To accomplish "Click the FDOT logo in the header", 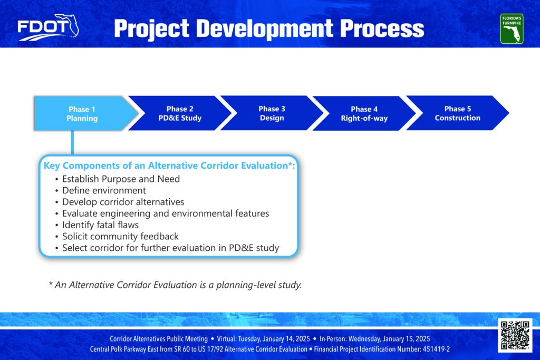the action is tap(48, 27).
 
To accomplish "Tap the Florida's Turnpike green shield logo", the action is tap(512, 28).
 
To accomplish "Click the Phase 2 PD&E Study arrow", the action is tap(180, 113).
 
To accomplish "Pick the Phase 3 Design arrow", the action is tap(272, 113).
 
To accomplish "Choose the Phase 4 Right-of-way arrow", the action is tap(364, 113).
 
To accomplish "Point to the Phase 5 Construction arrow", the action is tap(457, 113).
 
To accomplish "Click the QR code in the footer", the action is tap(515, 335).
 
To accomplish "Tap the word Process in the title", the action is tap(382, 28).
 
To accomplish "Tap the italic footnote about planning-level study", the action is tap(175, 285).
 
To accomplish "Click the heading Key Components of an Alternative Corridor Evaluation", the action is tap(169, 166).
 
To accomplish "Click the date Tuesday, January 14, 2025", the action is tap(274, 339).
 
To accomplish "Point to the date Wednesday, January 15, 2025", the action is tap(389, 339).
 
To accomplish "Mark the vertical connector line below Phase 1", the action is tap(72, 143).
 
